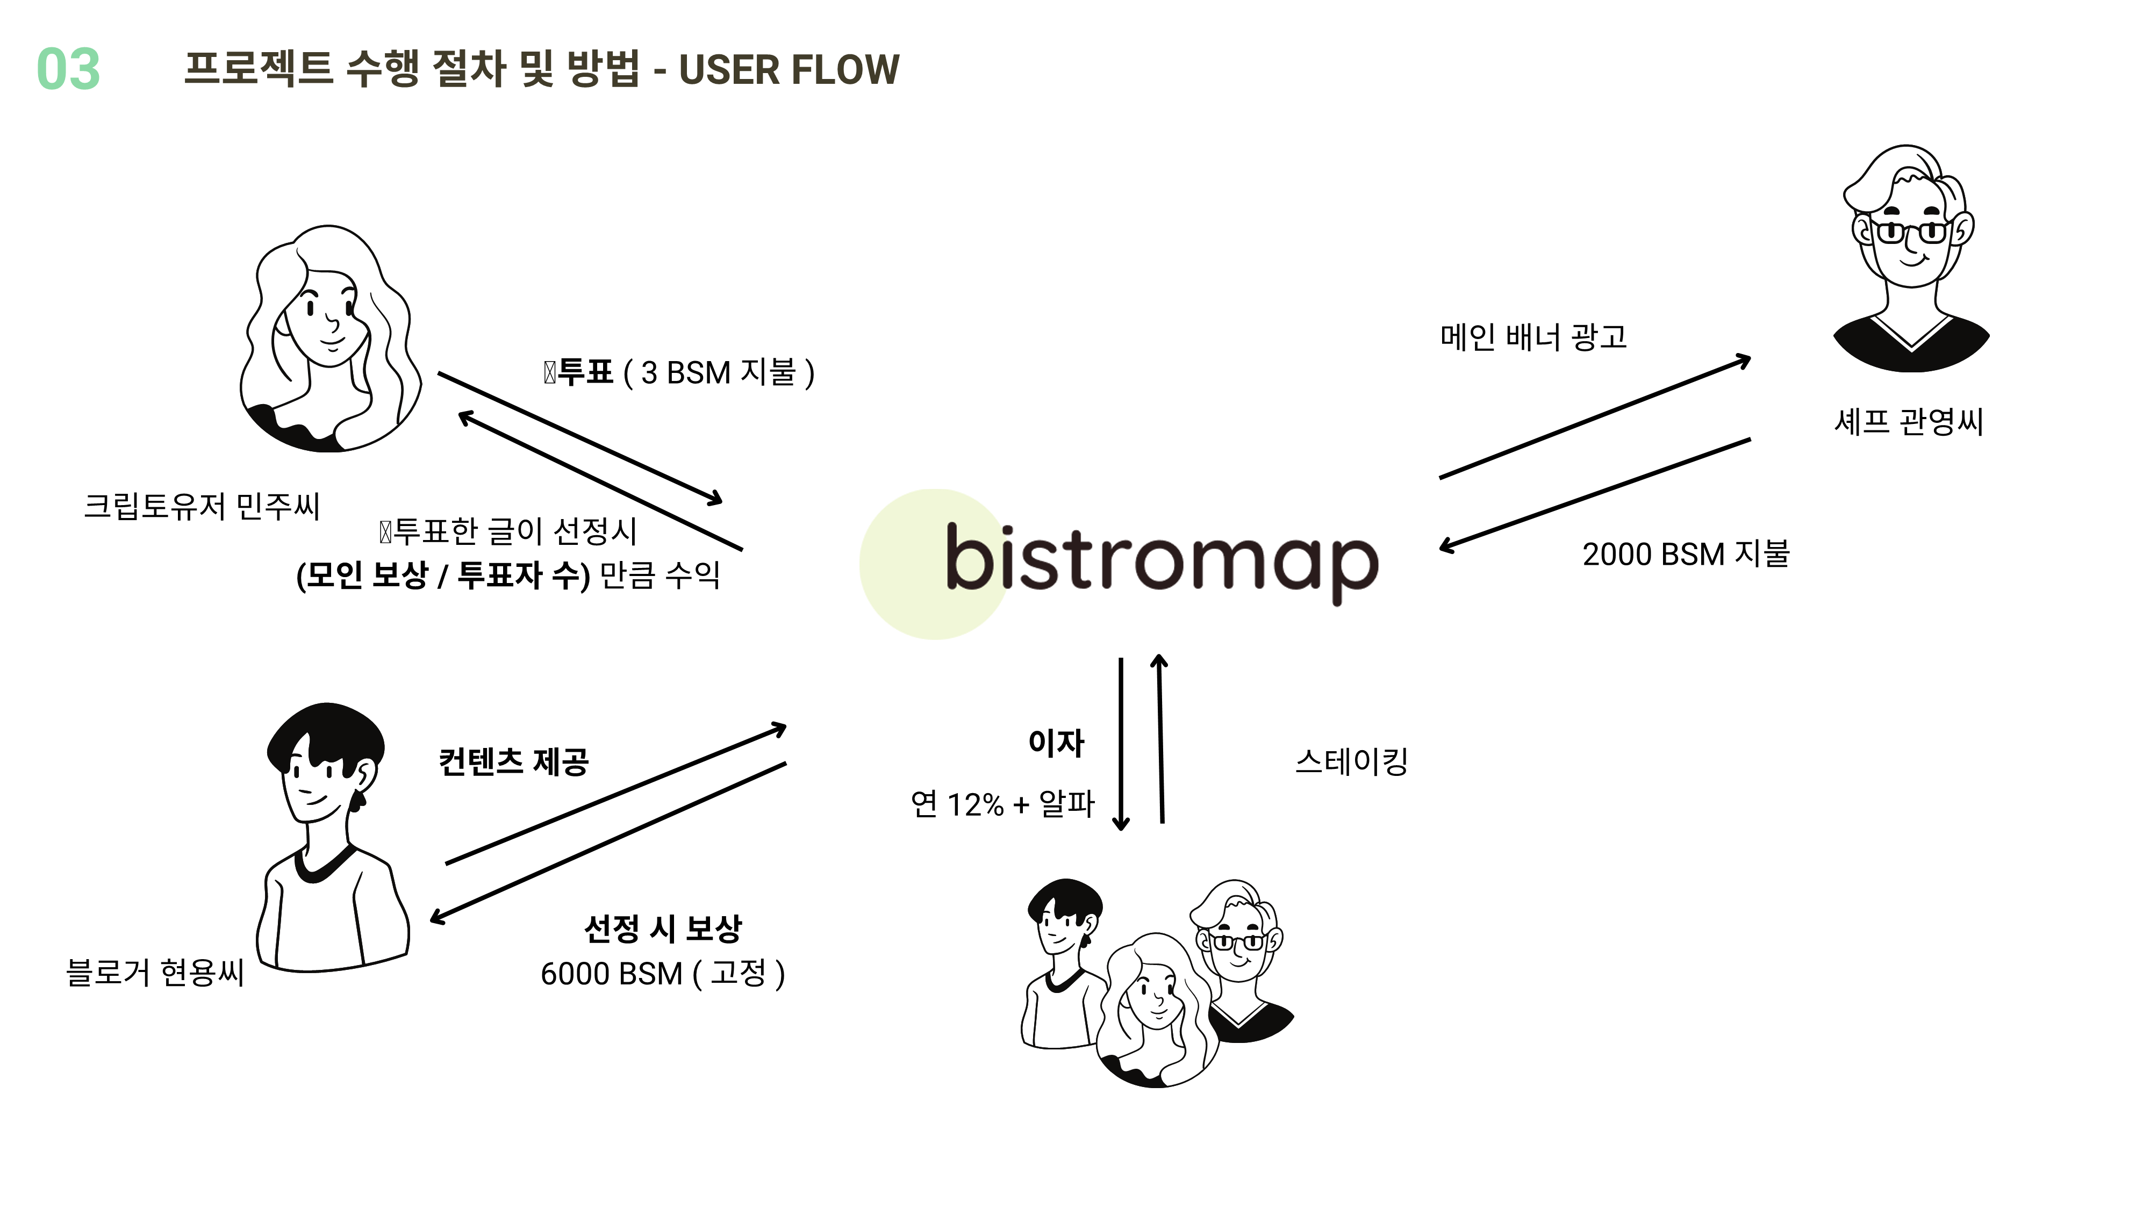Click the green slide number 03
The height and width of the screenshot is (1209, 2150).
click(x=68, y=69)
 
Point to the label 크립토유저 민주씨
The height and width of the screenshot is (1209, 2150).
click(x=202, y=506)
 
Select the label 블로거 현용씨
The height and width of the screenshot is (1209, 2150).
click(x=155, y=972)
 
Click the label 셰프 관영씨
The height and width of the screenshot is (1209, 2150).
click(x=1908, y=421)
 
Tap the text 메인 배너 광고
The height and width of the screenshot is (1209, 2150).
click(x=1533, y=337)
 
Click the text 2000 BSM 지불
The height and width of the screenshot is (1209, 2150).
click(x=1686, y=554)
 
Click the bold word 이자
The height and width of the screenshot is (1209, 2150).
click(x=1056, y=743)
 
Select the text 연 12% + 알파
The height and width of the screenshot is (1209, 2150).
click(x=1001, y=804)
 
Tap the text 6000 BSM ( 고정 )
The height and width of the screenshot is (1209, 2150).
click(x=663, y=974)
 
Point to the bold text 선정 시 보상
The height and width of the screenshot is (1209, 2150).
click(x=663, y=928)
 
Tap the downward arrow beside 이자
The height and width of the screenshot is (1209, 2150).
click(x=1121, y=743)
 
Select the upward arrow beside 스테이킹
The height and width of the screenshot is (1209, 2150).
click(x=1160, y=738)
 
